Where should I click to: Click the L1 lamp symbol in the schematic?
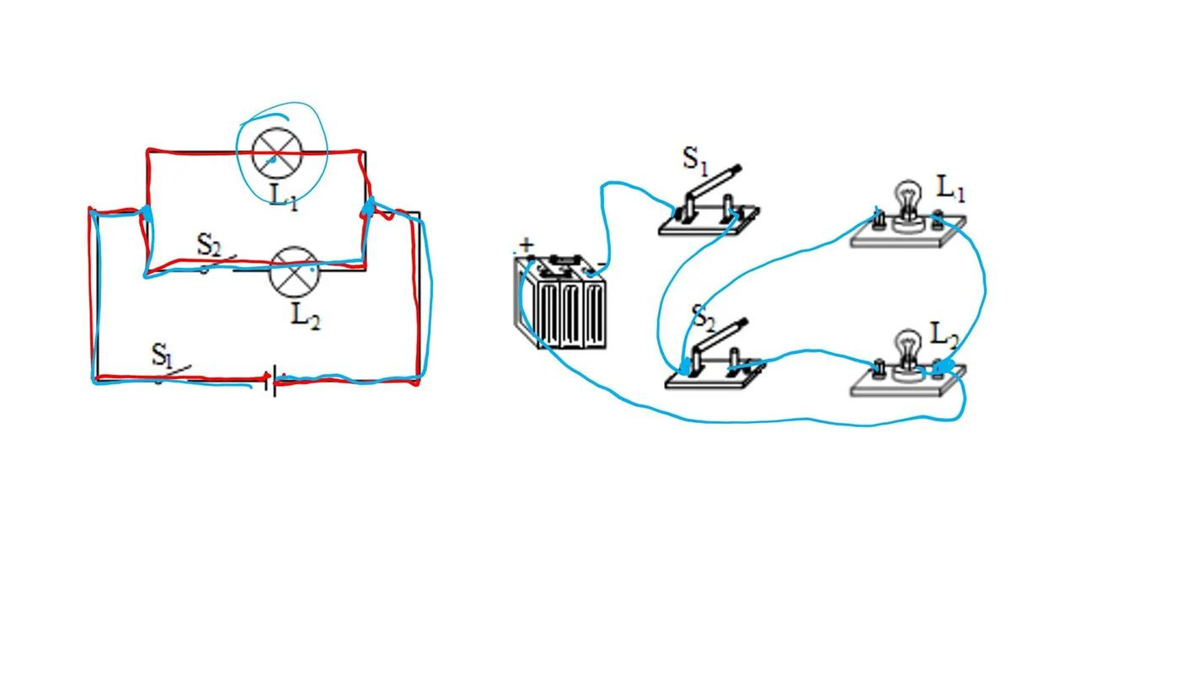point(277,152)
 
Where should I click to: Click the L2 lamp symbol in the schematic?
point(293,271)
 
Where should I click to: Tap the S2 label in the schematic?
point(208,245)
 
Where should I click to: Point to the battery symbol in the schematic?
point(270,382)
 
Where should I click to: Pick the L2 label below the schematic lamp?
point(305,317)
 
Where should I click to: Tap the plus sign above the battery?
point(527,245)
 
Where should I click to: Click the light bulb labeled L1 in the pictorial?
point(907,201)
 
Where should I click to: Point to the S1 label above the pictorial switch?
point(693,158)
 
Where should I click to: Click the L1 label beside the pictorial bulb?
point(950,189)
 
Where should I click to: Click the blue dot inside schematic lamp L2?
point(313,270)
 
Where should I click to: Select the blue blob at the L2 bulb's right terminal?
point(945,366)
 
